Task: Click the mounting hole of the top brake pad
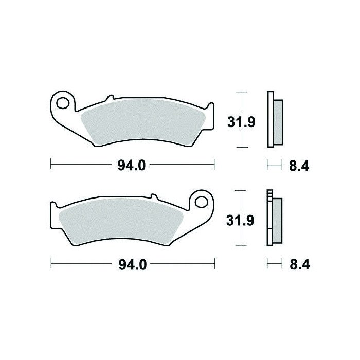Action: [63, 103]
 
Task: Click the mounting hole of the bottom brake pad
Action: [202, 202]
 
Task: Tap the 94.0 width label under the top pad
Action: [132, 165]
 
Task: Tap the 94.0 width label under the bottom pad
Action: [133, 265]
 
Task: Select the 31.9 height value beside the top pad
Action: [241, 122]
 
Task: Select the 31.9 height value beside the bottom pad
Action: [240, 221]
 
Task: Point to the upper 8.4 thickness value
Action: [299, 166]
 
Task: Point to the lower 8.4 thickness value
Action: [300, 264]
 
